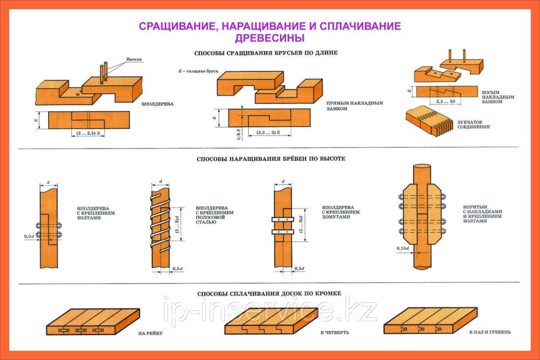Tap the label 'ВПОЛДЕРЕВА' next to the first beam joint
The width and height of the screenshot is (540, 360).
coord(157,104)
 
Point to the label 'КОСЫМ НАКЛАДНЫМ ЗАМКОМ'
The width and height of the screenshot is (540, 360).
coord(498,97)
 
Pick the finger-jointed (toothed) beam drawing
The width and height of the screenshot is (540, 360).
coord(428,120)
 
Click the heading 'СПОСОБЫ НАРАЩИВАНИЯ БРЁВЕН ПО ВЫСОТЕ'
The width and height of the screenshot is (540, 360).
coord(271,159)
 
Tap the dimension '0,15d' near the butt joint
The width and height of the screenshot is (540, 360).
coord(404,248)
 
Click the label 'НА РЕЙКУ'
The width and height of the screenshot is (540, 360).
coord(150,333)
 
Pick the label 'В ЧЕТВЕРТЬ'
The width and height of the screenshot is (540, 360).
coord(335,333)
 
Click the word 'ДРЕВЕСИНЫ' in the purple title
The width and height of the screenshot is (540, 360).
coord(270,37)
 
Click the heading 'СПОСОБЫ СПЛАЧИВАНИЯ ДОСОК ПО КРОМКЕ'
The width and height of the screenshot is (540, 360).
coord(270,294)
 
